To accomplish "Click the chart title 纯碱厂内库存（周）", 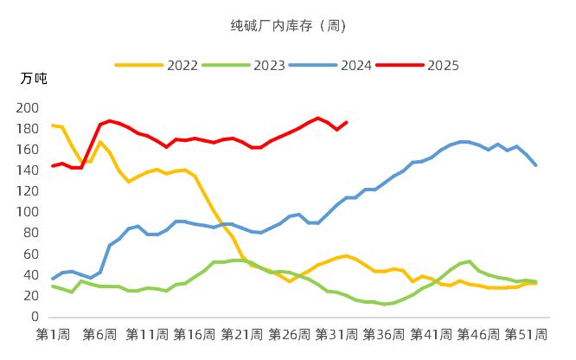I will pos(288,25).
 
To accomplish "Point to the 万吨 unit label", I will pos(34,79).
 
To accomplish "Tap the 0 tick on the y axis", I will pos(34,317).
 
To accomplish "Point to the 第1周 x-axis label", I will pos(52,335).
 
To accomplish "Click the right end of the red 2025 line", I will pos(347,122).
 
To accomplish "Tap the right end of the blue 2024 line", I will pos(536,165).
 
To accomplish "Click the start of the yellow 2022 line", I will pos(52,125).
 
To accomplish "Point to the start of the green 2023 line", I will pos(52,286).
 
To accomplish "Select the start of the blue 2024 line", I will pos(52,279).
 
